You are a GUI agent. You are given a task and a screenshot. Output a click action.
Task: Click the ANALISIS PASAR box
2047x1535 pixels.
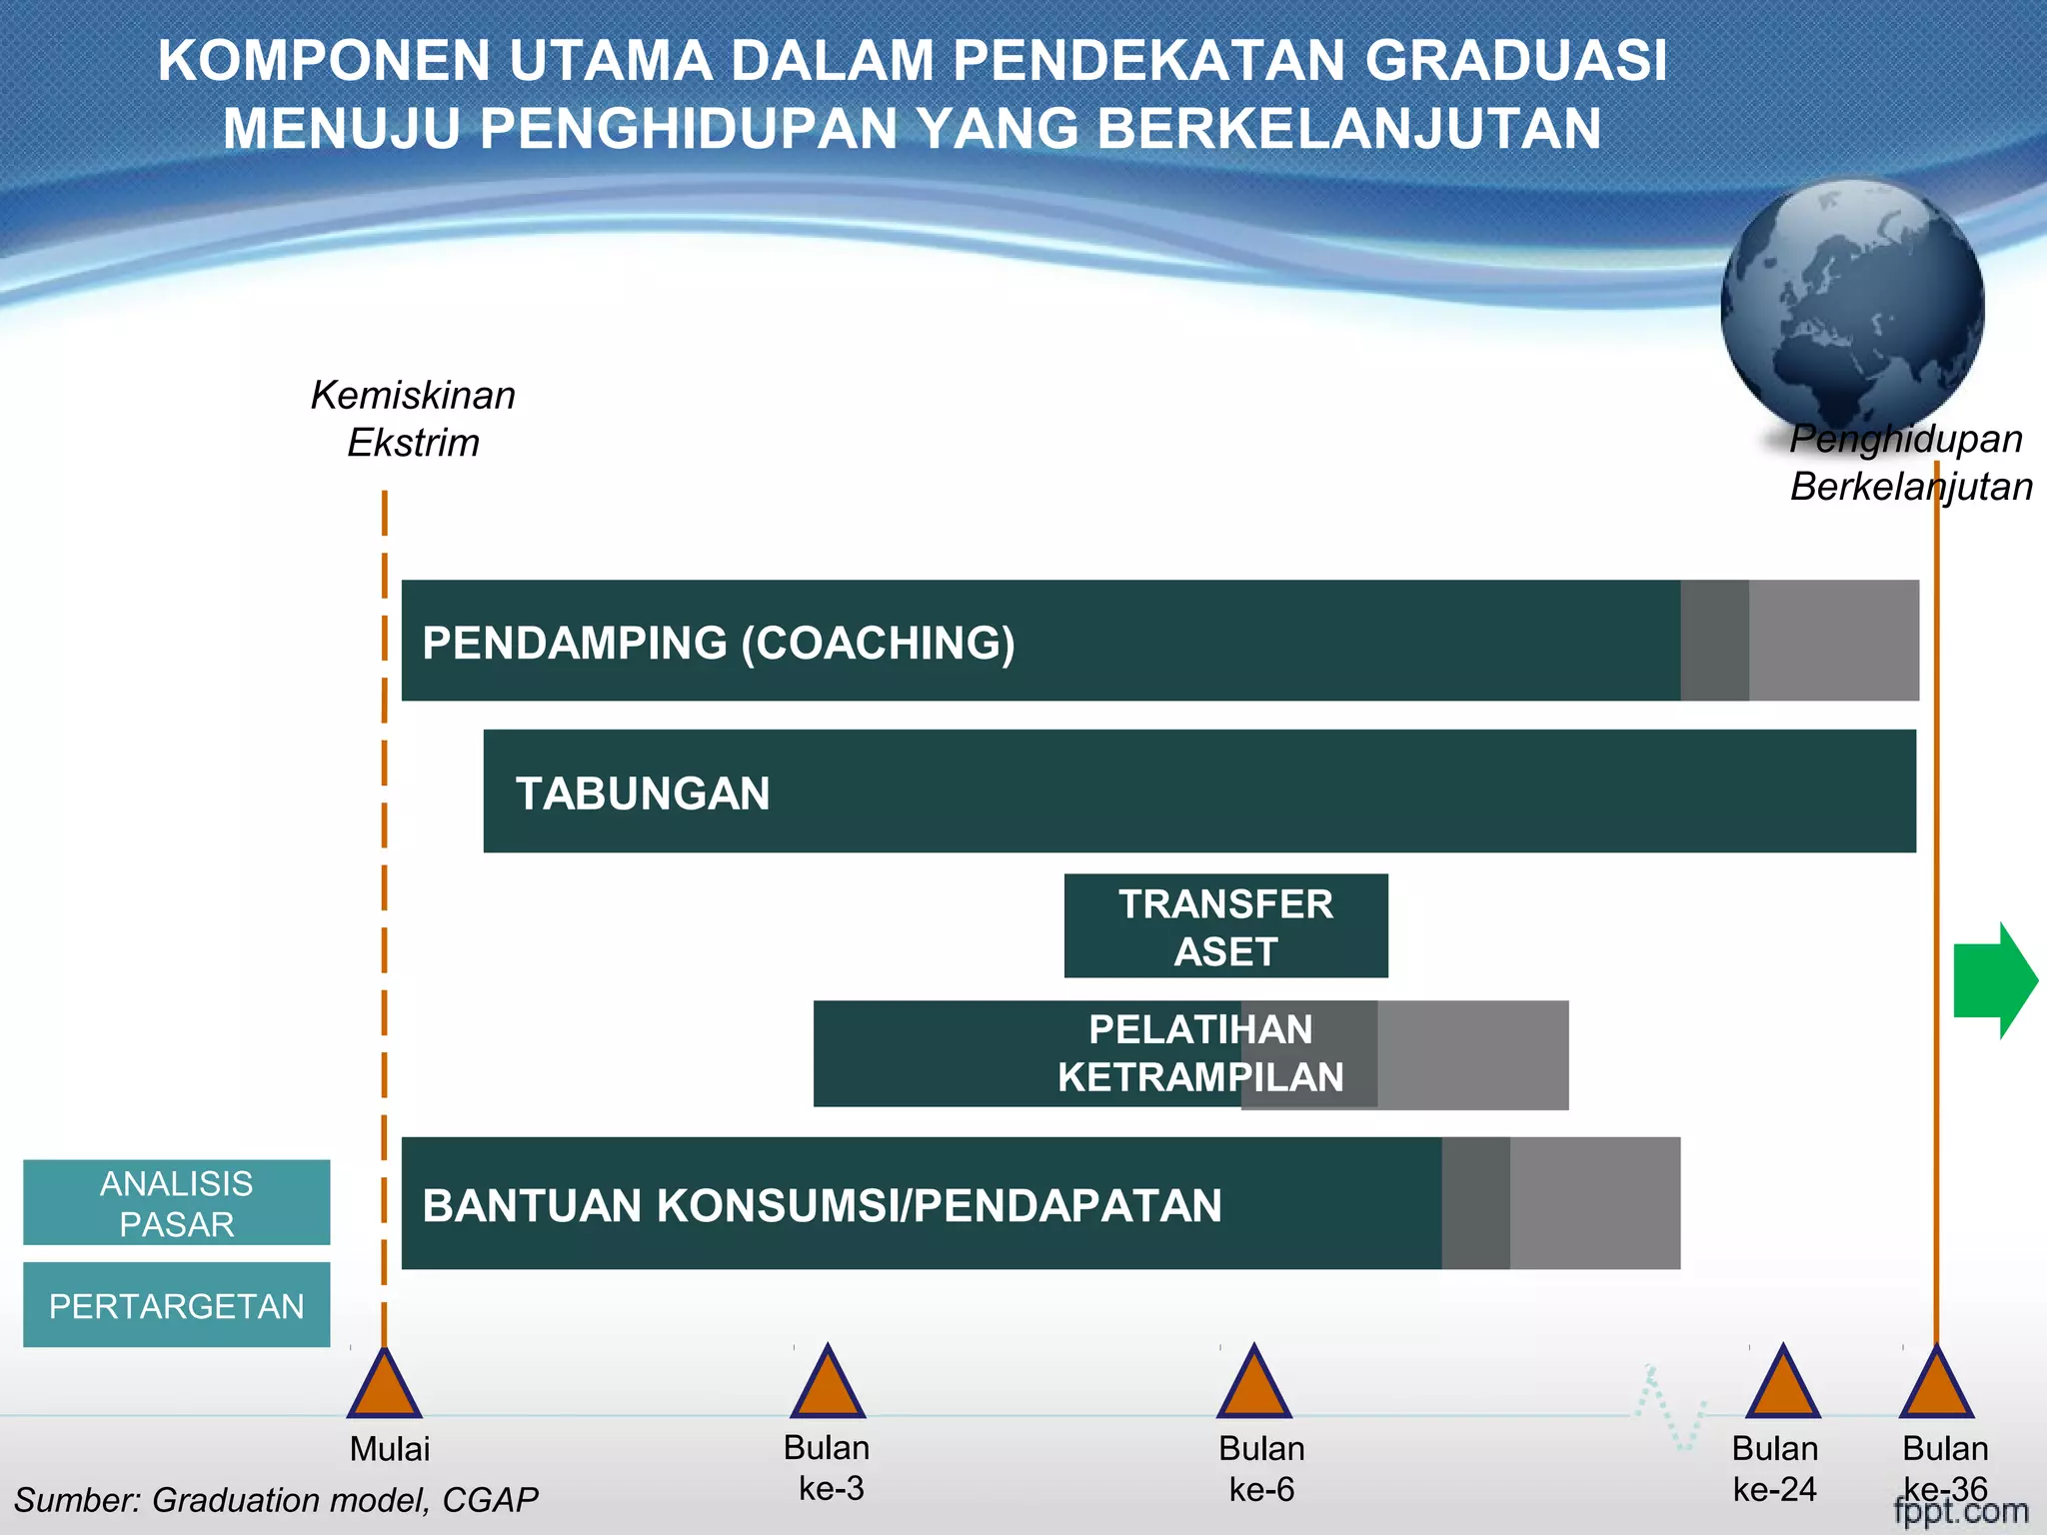[x=177, y=1202]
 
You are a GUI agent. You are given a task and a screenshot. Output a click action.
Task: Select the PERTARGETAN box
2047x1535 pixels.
[x=177, y=1305]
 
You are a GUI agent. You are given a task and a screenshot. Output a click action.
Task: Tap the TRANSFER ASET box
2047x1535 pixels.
[x=1225, y=926]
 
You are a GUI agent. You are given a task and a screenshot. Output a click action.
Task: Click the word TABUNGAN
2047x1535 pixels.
[x=643, y=793]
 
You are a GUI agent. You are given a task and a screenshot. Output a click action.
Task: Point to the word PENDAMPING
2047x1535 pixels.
[x=575, y=643]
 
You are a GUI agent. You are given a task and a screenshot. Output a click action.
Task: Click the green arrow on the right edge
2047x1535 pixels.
[x=1993, y=980]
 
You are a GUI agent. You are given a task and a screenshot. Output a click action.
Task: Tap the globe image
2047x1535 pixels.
[x=1852, y=305]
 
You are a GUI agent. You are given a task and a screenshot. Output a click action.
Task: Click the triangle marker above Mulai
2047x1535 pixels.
[x=385, y=1387]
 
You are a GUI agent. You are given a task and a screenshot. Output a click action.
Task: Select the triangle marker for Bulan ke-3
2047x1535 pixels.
[x=828, y=1386]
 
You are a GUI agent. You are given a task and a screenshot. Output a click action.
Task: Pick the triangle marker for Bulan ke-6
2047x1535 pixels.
[x=1254, y=1386]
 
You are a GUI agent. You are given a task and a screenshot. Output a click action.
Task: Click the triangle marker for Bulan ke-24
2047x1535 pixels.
[x=1783, y=1386]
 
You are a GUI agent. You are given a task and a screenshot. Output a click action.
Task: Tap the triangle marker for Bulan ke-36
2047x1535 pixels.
[x=1936, y=1386]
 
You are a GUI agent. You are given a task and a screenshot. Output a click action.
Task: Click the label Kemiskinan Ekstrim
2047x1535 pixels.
[x=413, y=419]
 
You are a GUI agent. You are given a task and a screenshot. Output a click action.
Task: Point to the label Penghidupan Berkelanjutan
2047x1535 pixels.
[x=1909, y=463]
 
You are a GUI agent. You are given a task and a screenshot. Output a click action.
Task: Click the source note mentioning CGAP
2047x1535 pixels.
[x=276, y=1500]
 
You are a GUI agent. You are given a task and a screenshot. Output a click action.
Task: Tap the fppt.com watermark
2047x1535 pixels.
[x=1961, y=1511]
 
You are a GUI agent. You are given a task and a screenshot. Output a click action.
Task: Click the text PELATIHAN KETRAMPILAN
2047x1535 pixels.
[x=1200, y=1053]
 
